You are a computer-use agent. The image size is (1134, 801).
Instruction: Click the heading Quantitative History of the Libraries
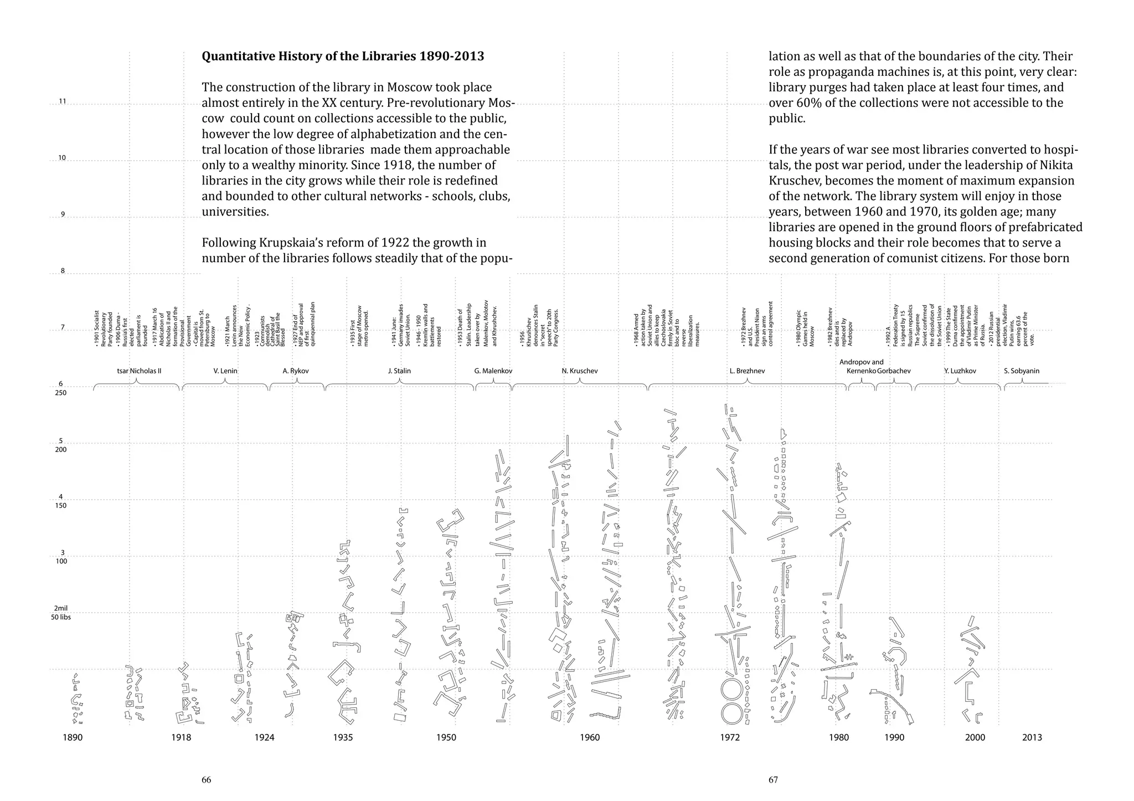343,57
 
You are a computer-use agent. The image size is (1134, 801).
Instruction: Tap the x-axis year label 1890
73,737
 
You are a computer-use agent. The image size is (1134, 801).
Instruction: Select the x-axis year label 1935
343,737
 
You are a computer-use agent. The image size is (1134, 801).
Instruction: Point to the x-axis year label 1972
730,737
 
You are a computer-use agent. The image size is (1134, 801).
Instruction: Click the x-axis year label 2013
1032,737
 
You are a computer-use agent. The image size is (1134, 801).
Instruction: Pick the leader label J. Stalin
399,371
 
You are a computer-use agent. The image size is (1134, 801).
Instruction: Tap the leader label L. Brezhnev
747,371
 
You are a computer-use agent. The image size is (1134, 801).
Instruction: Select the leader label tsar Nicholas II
139,371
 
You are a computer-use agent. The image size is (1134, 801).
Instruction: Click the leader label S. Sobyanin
1022,371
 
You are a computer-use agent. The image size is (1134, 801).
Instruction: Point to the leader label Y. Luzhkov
960,371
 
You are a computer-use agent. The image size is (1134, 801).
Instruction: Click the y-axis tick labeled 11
62,101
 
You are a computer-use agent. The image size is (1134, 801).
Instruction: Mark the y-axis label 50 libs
61,617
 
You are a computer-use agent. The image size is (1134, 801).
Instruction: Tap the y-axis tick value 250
61,393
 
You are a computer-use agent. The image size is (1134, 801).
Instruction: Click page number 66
206,780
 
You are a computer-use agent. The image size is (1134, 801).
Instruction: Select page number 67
773,780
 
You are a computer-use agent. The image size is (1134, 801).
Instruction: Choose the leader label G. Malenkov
493,371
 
